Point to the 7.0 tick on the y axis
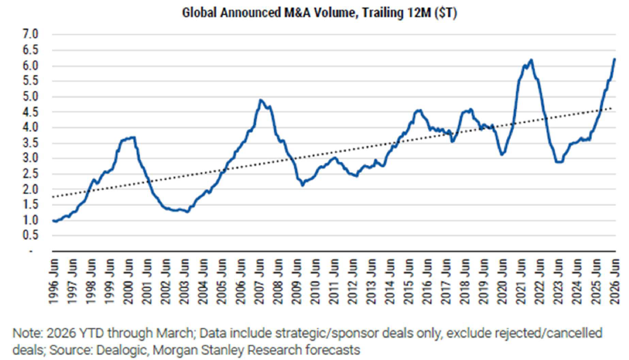pyautogui.click(x=30, y=35)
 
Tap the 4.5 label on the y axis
pyautogui.click(x=30, y=112)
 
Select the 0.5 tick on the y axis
pyautogui.click(x=30, y=236)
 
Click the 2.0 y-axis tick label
pyautogui.click(x=30, y=189)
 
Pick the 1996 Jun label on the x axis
pyautogui.click(x=53, y=281)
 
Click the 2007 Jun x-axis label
pyautogui.click(x=259, y=281)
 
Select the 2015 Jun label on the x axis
pyautogui.click(x=409, y=281)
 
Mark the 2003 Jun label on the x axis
pyautogui.click(x=184, y=281)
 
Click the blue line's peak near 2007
pyautogui.click(x=260, y=100)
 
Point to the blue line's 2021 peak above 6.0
pyautogui.click(x=531, y=60)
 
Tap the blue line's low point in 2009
pyautogui.click(x=302, y=186)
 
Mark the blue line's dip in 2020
pyautogui.click(x=503, y=155)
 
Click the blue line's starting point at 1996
pyautogui.click(x=53, y=220)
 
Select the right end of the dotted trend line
pyautogui.click(x=611, y=108)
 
